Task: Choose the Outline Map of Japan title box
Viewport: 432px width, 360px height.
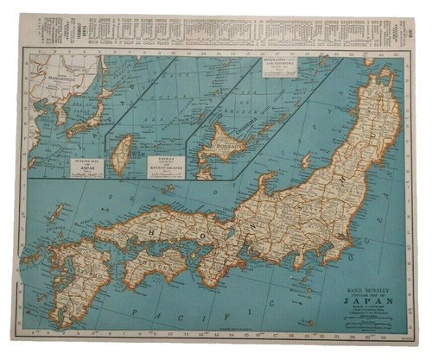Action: (86, 167)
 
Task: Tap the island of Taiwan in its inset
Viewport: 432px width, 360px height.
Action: (124, 150)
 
